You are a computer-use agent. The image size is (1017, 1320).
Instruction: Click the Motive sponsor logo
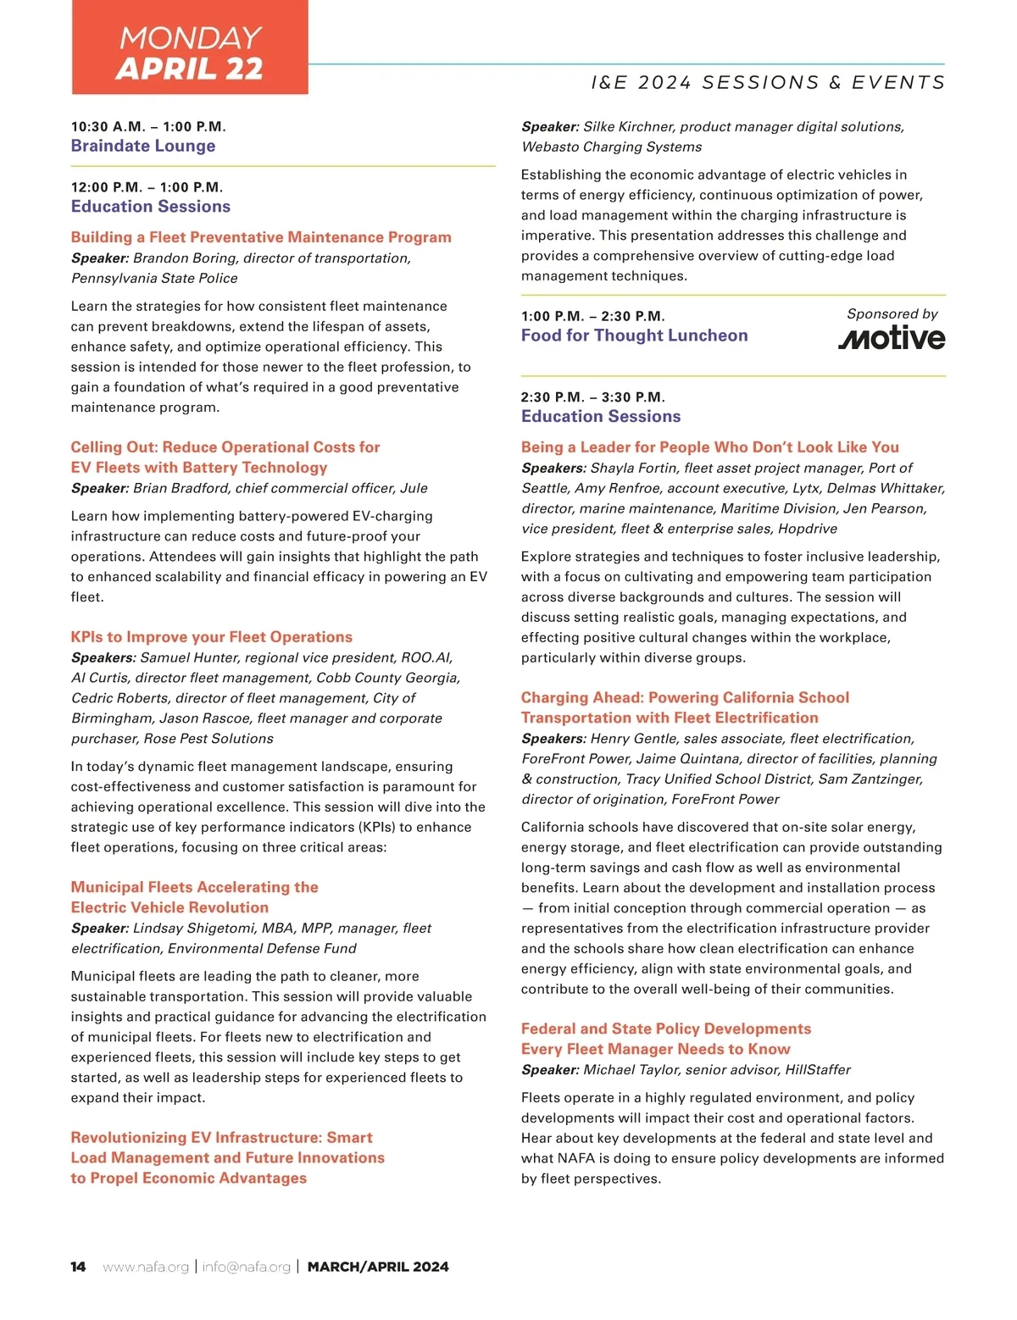(x=892, y=338)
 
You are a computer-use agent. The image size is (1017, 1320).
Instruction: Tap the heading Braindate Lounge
(x=143, y=146)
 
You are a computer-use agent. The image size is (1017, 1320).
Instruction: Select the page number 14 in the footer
(x=78, y=1267)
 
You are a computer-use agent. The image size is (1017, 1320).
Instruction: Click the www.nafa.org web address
(x=146, y=1267)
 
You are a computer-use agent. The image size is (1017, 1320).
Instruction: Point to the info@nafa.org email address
(x=246, y=1267)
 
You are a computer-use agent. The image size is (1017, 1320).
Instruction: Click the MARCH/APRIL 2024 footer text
(x=378, y=1267)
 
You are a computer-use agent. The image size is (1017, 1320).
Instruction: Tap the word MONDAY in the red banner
(x=190, y=38)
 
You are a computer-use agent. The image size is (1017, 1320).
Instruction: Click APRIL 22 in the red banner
(x=190, y=69)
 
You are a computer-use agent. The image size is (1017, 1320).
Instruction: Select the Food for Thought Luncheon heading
(x=634, y=336)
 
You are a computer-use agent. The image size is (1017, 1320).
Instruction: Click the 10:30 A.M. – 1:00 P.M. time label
(x=148, y=127)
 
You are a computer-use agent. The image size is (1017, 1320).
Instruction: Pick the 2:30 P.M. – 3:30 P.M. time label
(x=593, y=397)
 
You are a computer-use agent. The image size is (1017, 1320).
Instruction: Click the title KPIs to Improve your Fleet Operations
(x=211, y=637)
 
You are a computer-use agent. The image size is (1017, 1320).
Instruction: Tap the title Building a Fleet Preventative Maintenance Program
(x=261, y=237)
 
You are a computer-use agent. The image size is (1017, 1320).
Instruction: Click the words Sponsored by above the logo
(x=892, y=314)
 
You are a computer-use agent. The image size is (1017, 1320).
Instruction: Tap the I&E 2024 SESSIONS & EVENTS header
(x=768, y=82)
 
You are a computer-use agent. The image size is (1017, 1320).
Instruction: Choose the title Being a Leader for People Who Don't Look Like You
(x=710, y=447)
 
